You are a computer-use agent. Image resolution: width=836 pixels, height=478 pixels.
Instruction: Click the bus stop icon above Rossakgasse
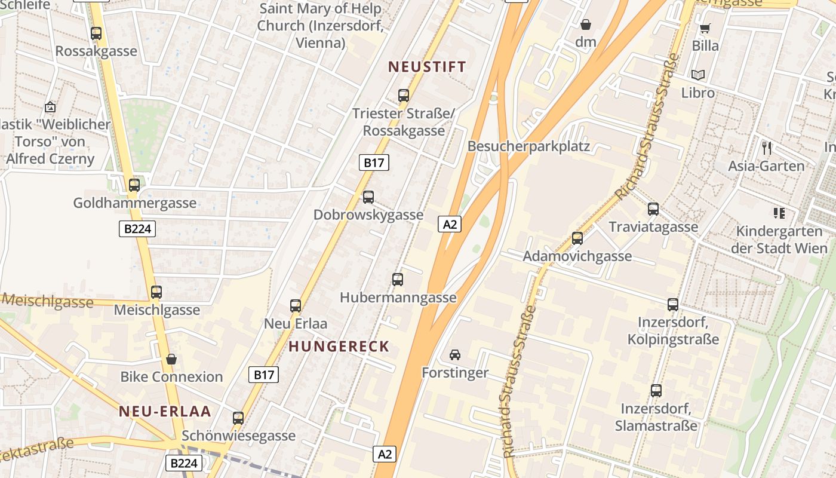96,33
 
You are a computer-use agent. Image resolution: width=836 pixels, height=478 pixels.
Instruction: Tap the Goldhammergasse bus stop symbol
134,185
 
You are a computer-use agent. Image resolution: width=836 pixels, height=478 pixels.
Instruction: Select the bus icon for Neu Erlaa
296,306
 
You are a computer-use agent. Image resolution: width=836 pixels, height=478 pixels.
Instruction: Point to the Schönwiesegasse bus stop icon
238,418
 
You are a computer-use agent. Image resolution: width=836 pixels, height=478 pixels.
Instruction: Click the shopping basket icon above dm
586,24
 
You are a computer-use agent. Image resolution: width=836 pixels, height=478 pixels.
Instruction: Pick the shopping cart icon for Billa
705,28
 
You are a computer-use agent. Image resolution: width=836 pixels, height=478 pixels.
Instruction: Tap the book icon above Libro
698,75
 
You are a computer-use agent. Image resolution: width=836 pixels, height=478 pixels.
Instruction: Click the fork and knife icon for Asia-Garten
767,148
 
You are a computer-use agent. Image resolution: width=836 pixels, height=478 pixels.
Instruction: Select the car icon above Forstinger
455,355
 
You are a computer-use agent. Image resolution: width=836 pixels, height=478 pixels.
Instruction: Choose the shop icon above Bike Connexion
171,359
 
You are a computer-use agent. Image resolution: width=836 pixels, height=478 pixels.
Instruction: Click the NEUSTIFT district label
427,67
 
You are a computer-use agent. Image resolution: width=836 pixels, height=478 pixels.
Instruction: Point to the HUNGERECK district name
339,347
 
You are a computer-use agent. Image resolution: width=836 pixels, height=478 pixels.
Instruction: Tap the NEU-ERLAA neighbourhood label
165,411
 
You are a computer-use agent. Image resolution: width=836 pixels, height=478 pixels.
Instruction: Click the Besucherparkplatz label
528,146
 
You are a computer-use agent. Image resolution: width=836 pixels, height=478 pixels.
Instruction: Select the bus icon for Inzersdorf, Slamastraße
656,391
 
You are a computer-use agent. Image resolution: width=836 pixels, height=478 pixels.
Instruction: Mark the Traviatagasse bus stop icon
653,209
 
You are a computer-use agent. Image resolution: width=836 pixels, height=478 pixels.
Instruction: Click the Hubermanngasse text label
398,298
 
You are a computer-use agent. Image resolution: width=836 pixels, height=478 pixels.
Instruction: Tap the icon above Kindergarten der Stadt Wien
779,213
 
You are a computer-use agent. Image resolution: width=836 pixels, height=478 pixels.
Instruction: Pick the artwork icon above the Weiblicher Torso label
50,108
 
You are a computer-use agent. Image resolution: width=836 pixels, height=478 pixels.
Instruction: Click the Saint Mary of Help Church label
319,26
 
